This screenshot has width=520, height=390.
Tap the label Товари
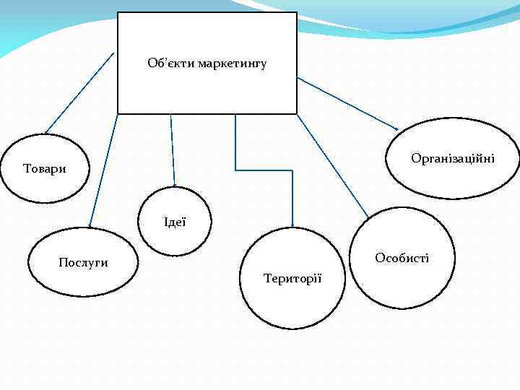tap(45, 169)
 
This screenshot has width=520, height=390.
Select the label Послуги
tap(83, 262)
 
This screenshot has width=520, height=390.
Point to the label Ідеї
tap(175, 222)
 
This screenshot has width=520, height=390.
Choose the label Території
tap(293, 278)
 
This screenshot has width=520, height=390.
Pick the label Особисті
tap(402, 258)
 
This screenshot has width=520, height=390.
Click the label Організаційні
tap(453, 158)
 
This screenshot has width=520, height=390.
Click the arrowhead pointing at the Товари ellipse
tap(47, 131)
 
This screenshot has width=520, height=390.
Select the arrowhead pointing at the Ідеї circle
tap(174, 184)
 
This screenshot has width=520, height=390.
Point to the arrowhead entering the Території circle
tap(292, 224)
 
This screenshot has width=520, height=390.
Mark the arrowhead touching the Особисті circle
tap(367, 216)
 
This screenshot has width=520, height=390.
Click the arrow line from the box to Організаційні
tap(347, 103)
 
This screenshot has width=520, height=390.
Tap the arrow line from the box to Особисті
tap(332, 166)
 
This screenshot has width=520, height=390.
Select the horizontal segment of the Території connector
tap(264, 170)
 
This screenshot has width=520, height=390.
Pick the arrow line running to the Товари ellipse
tap(79, 92)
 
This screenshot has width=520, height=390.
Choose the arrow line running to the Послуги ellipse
tap(103, 170)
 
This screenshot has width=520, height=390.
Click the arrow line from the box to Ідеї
tap(172, 148)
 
